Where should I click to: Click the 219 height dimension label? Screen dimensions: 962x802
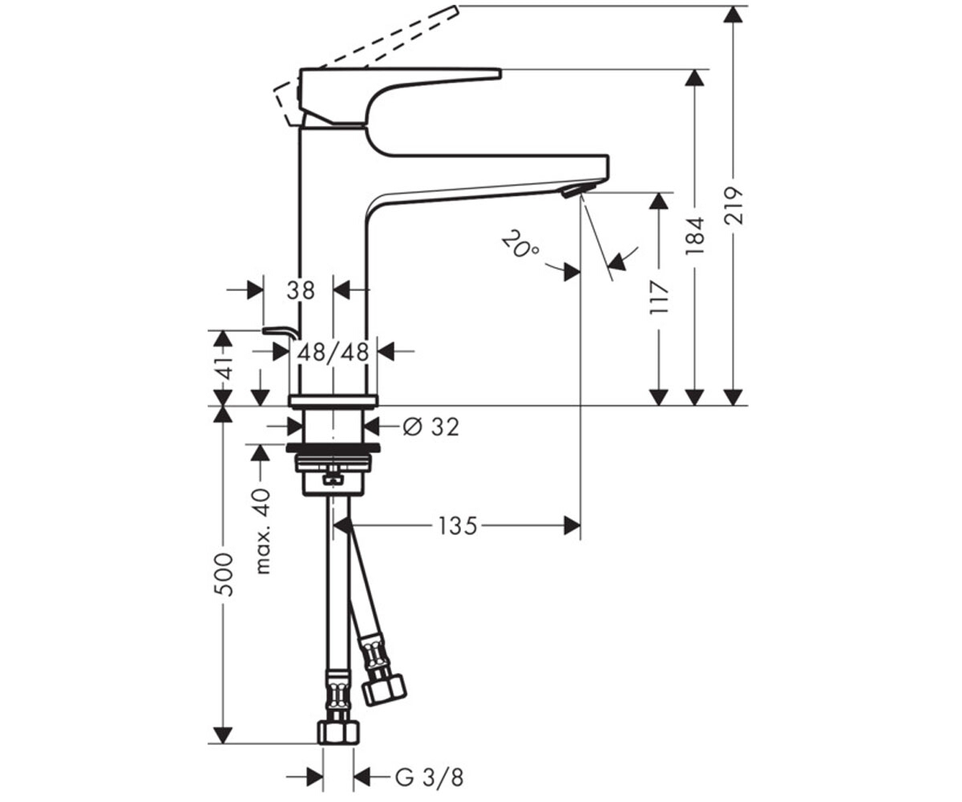[733, 205]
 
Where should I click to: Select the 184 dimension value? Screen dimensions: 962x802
[694, 236]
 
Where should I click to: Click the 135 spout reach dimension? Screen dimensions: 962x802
[457, 526]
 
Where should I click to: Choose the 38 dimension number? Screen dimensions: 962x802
[301, 290]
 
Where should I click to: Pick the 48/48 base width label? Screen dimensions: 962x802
[333, 353]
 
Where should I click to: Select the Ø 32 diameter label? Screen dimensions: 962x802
[430, 427]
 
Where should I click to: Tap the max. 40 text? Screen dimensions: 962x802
[262, 531]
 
